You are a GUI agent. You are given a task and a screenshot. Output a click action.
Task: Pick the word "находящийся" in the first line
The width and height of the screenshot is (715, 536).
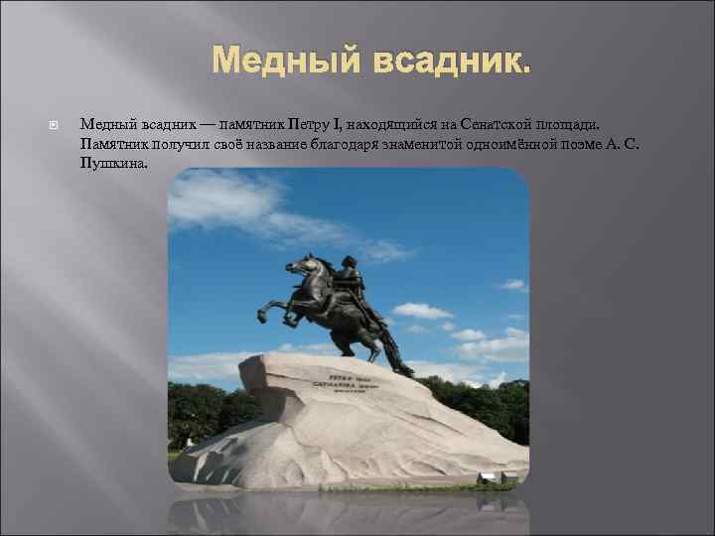pos(388,124)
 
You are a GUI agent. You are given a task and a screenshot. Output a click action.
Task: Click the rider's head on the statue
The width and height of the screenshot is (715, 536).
pos(349,263)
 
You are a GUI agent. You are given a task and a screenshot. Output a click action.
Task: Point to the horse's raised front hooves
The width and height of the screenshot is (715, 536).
pos(267,312)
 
